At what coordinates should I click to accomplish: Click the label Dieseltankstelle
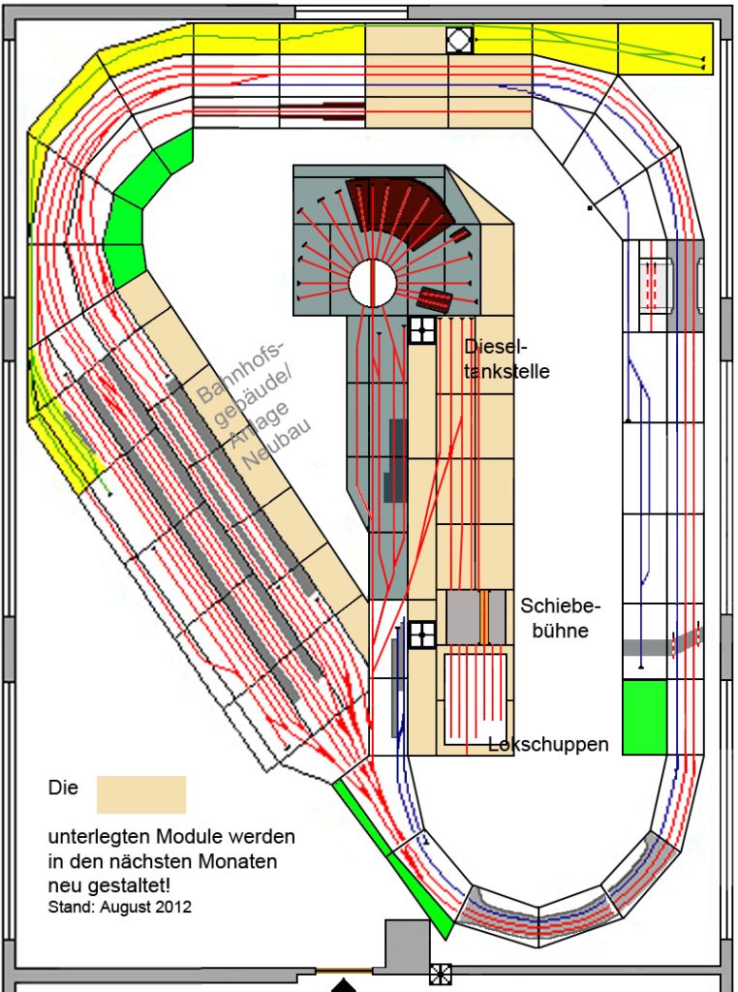507,357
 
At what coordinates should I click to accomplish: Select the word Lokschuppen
548,744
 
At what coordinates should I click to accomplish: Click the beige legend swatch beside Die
140,793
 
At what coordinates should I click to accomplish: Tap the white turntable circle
372,283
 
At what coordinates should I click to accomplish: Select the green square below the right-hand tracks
644,717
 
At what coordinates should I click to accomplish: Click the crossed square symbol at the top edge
459,40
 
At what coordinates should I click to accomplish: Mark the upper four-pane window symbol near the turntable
422,330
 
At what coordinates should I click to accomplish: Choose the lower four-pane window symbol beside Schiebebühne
421,635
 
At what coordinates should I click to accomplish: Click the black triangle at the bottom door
344,985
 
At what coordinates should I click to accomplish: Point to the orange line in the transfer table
481,616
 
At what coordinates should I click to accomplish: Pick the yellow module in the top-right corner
664,46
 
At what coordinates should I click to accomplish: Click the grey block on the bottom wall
407,945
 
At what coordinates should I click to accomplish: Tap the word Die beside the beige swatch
63,789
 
